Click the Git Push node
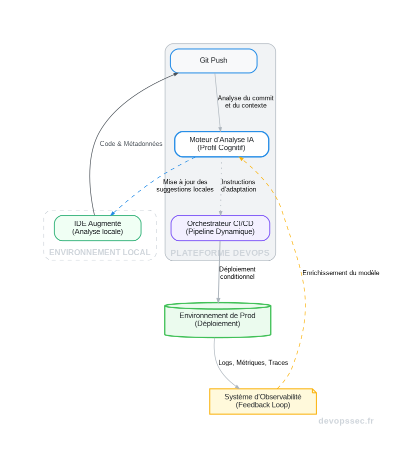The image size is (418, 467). (213, 61)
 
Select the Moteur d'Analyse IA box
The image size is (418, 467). (221, 144)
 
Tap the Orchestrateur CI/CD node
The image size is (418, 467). (220, 228)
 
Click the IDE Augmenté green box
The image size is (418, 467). (97, 228)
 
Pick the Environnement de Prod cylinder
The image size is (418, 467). (217, 320)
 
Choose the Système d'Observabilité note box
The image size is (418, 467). (262, 401)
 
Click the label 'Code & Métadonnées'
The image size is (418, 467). (131, 144)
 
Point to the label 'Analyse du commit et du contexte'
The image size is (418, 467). (245, 102)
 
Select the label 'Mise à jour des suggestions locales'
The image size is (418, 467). (185, 186)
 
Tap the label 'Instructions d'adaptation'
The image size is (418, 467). (238, 186)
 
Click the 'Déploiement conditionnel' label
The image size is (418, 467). (237, 273)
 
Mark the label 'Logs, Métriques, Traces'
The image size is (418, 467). (253, 363)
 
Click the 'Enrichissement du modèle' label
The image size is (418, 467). (340, 273)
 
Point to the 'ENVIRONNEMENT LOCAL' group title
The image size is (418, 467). (99, 253)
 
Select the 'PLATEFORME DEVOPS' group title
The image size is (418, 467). (220, 253)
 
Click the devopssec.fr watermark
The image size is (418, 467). (346, 421)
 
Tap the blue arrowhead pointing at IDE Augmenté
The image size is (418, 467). (112, 213)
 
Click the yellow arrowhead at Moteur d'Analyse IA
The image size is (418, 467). (241, 158)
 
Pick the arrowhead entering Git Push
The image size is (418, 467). (175, 74)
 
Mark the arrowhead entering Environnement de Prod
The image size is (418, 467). (218, 300)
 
